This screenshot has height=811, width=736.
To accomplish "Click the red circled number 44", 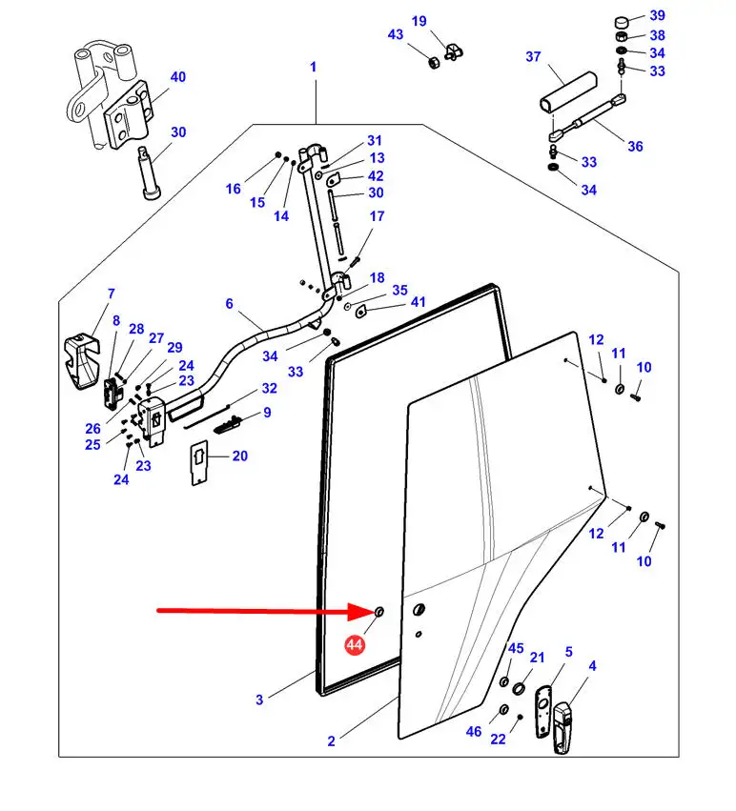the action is pyautogui.click(x=355, y=644).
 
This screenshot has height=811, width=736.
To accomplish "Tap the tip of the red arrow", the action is pyautogui.click(x=375, y=612).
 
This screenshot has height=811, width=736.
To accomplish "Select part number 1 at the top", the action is pyautogui.click(x=313, y=67).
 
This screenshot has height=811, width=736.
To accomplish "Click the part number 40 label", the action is pyautogui.click(x=178, y=76).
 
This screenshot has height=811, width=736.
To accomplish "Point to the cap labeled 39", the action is pyautogui.click(x=623, y=22).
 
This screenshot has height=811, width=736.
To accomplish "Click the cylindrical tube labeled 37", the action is pyautogui.click(x=569, y=91).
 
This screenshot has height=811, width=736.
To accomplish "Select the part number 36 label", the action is pyautogui.click(x=635, y=147).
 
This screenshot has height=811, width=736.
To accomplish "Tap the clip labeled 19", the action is pyautogui.click(x=454, y=51).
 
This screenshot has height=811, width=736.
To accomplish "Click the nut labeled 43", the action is pyautogui.click(x=433, y=63).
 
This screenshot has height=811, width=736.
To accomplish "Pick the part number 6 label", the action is pyautogui.click(x=230, y=303).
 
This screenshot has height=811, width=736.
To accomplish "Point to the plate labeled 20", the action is pyautogui.click(x=199, y=462).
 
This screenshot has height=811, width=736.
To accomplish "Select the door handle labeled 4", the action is pyautogui.click(x=562, y=728).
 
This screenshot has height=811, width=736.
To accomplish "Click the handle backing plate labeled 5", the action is pyautogui.click(x=542, y=711).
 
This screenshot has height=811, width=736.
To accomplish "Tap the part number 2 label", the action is pyautogui.click(x=331, y=741).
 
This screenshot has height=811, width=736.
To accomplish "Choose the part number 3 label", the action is pyautogui.click(x=259, y=699).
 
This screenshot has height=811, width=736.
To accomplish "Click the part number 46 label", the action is pyautogui.click(x=474, y=731).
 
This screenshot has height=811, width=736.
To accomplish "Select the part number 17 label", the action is pyautogui.click(x=377, y=215).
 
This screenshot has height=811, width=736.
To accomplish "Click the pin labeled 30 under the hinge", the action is pyautogui.click(x=149, y=172).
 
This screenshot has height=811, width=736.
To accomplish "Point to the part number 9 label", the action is pyautogui.click(x=267, y=413).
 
